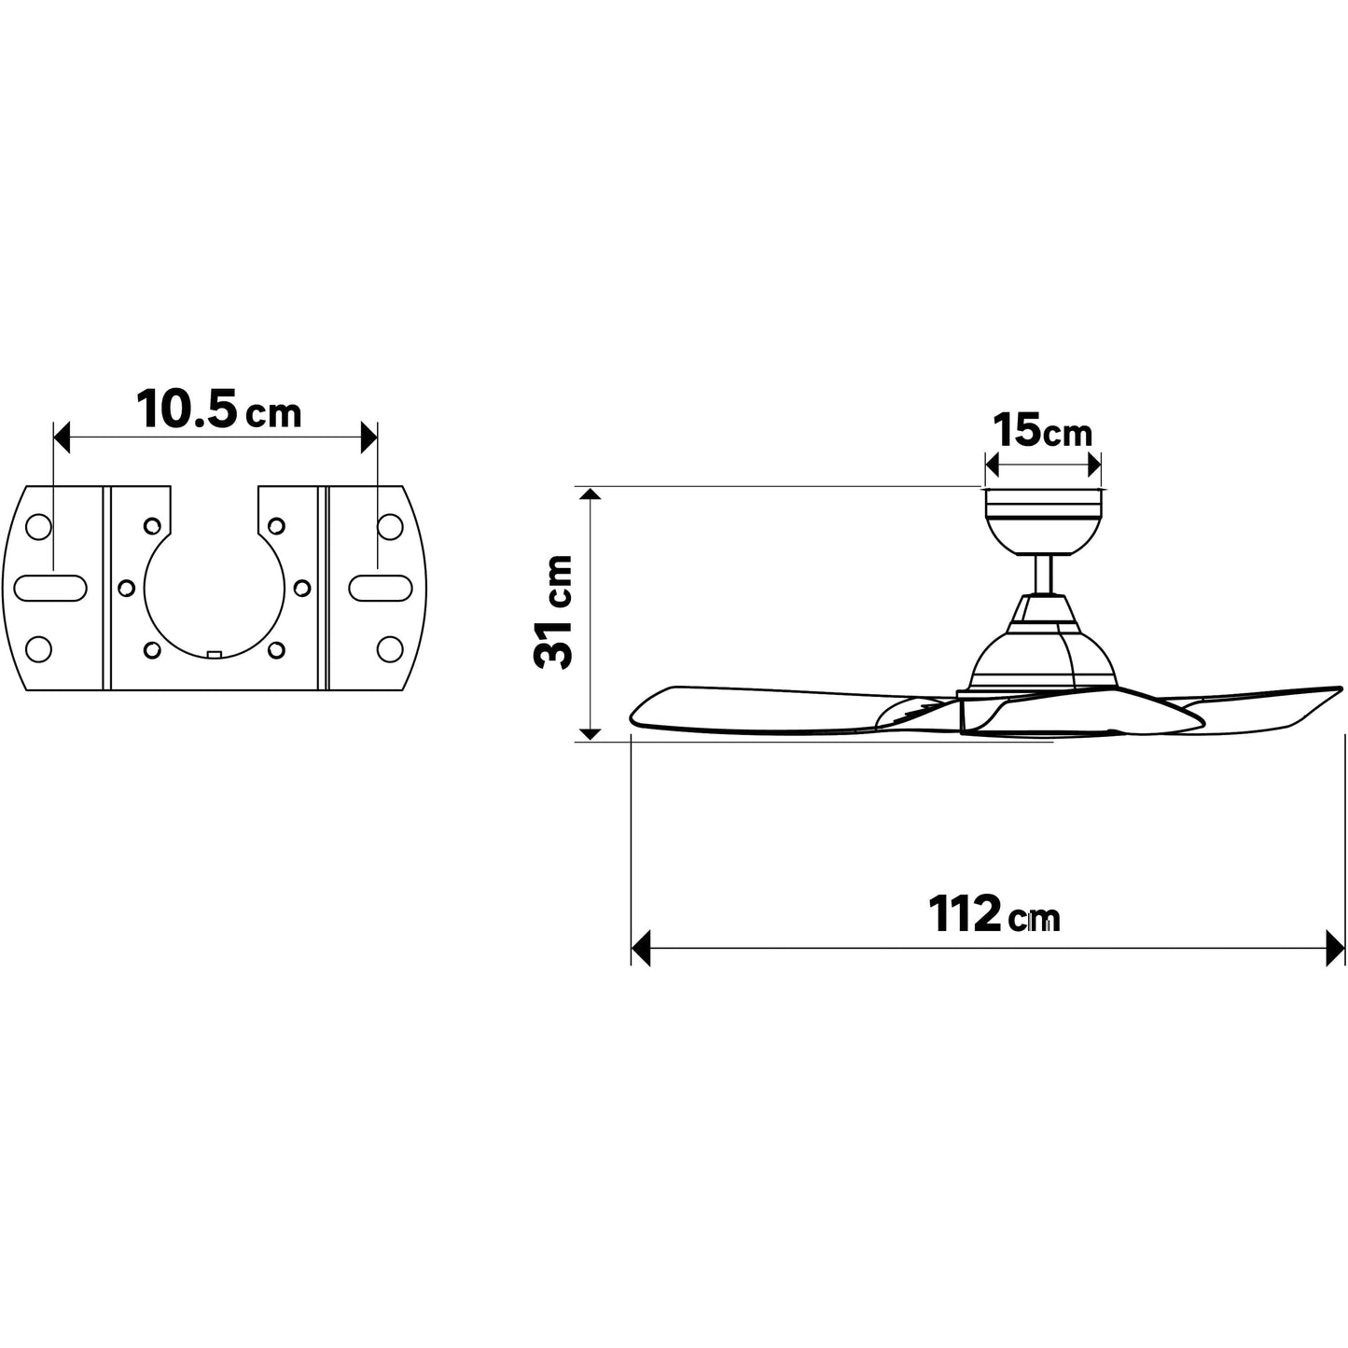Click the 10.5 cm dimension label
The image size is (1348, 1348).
point(218,410)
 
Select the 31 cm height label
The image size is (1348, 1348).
point(553,612)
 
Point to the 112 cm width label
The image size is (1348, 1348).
point(994,913)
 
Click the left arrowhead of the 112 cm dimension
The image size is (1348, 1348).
point(640,949)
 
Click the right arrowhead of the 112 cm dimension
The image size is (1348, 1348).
point(1336,949)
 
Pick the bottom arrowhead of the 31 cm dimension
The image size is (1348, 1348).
point(591,734)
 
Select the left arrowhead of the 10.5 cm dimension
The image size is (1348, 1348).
point(63,438)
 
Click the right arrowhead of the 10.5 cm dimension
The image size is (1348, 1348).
point(368,438)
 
